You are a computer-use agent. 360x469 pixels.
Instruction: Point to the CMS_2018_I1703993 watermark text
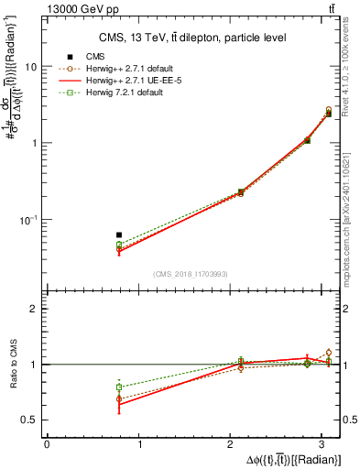(x=192, y=274)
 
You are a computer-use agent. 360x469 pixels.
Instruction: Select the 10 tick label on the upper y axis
(x=30, y=67)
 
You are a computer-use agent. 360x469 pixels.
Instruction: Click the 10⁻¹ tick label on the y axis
(x=27, y=220)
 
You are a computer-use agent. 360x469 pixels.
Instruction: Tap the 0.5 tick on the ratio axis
(x=29, y=420)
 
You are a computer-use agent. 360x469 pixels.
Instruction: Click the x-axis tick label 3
(x=323, y=445)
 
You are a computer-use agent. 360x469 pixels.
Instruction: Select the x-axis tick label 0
(x=47, y=445)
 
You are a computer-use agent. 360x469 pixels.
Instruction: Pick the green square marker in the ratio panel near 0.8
(x=119, y=387)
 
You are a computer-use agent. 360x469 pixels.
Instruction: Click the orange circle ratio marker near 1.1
(x=329, y=353)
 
